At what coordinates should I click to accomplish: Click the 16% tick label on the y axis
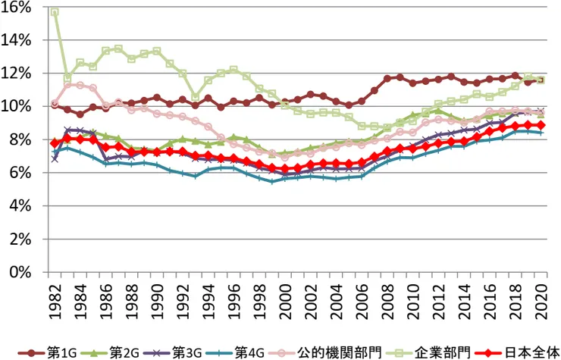click(x=17, y=7)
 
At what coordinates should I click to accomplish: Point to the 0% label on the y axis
click(x=20, y=272)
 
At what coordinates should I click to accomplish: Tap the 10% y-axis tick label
click(x=17, y=106)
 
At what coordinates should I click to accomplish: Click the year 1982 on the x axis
click(x=55, y=299)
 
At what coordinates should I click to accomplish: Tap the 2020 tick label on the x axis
click(x=541, y=299)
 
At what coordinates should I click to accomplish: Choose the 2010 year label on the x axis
click(x=411, y=299)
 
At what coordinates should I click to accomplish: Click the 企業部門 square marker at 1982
click(x=55, y=13)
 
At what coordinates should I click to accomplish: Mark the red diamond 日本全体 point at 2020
click(x=541, y=125)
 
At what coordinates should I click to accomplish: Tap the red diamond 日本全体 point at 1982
click(x=55, y=142)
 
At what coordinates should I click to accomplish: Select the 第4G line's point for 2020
click(x=541, y=133)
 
